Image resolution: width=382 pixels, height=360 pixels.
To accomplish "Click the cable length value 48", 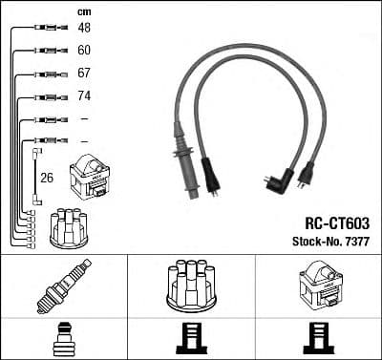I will pyautogui.click(x=84, y=28).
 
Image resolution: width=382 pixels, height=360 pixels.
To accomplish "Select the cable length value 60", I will pyautogui.click(x=84, y=50).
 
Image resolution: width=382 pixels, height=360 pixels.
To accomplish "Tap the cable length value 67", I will pyautogui.click(x=84, y=74).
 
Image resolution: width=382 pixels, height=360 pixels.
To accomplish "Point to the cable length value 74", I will pyautogui.click(x=84, y=96).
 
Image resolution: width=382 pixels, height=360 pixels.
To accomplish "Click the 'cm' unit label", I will pyautogui.click(x=83, y=11).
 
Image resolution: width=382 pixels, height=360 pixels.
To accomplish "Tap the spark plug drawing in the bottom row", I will pyautogui.click(x=62, y=285).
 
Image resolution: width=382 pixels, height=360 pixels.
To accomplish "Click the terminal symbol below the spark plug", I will pyautogui.click(x=63, y=337).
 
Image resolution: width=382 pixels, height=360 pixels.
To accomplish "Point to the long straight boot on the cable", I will pyautogui.click(x=182, y=159).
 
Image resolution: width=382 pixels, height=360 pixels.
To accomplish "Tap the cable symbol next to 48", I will pyautogui.click(x=47, y=28).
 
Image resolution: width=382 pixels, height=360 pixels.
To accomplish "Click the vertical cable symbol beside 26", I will pyautogui.click(x=35, y=176).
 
